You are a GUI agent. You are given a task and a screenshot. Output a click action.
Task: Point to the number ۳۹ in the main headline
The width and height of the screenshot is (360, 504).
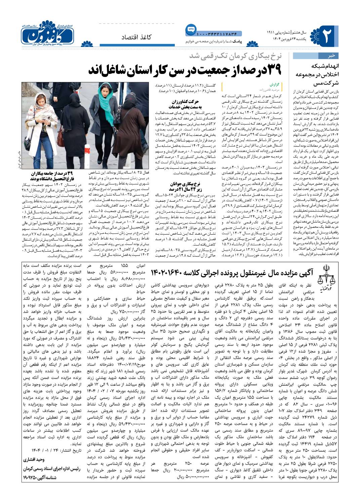(x=271, y=69)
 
